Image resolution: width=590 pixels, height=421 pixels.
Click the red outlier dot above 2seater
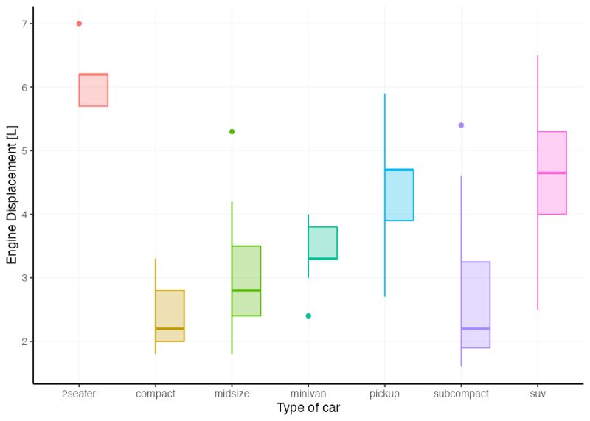pyautogui.click(x=79, y=24)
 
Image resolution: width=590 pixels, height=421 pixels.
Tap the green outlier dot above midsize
pyautogui.click(x=232, y=131)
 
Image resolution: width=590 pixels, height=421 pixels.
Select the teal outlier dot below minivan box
pyautogui.click(x=308, y=316)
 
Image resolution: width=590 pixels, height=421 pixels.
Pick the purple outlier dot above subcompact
pyautogui.click(x=461, y=125)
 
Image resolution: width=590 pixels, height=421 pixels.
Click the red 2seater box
pyautogui.click(x=94, y=90)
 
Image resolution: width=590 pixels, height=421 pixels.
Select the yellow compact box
pyautogui.click(x=170, y=316)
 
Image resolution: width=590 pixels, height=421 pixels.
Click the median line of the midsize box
pyautogui.click(x=246, y=290)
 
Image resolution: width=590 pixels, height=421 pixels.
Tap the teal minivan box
pyautogui.click(x=322, y=243)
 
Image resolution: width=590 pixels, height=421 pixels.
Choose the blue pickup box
pyautogui.click(x=399, y=195)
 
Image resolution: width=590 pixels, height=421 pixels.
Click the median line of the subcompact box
pyautogui.click(x=476, y=328)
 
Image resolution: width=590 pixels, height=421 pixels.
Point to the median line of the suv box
pyautogui.click(x=552, y=173)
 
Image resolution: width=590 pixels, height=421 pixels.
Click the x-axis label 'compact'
pyautogui.click(x=156, y=394)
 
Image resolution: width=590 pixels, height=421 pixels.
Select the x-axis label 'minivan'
pyautogui.click(x=308, y=394)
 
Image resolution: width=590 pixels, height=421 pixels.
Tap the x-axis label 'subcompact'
pyautogui.click(x=461, y=394)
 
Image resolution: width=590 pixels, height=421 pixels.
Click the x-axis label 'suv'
pyautogui.click(x=538, y=394)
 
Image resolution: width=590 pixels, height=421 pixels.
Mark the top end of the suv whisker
pyautogui.click(x=538, y=55)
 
